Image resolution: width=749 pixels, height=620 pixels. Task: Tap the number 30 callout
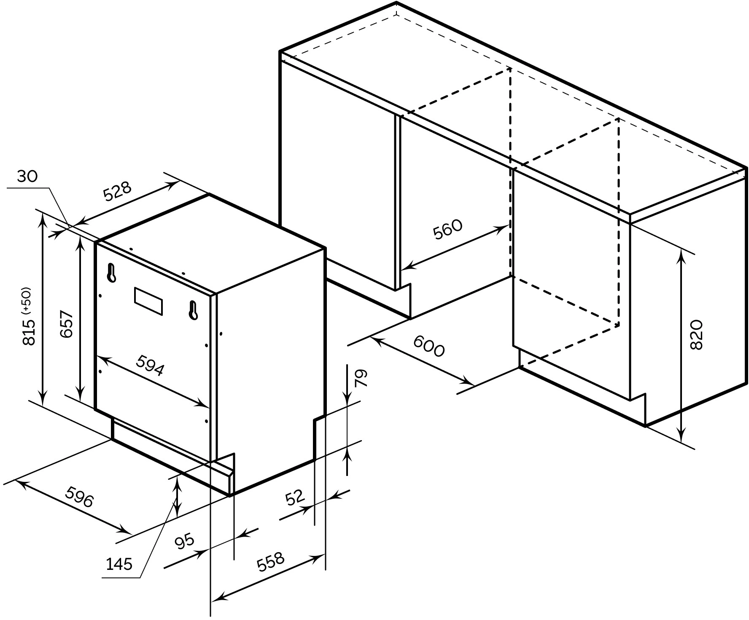coord(28,176)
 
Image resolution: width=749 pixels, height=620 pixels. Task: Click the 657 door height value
coord(67,325)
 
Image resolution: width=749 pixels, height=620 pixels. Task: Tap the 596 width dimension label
coord(79,497)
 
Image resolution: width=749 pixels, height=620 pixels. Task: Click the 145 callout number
coord(119,563)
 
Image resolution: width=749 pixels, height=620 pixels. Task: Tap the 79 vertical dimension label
coord(361,378)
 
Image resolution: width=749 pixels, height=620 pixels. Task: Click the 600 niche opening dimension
coord(429,346)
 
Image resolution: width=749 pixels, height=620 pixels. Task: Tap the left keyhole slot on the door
coord(112,273)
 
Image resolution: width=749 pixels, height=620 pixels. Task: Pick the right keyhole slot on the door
coord(193,310)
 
